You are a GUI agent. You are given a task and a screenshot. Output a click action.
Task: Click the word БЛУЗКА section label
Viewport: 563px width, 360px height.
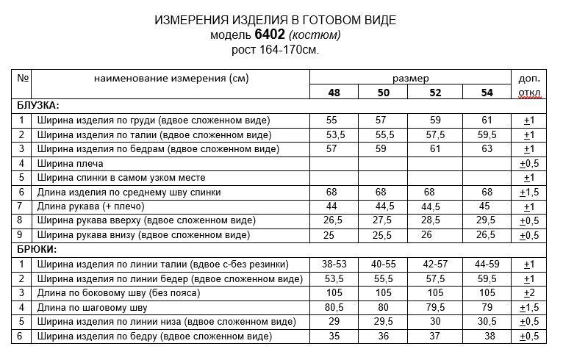click(x=38, y=106)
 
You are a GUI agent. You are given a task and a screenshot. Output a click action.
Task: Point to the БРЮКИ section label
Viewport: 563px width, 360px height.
click(x=37, y=250)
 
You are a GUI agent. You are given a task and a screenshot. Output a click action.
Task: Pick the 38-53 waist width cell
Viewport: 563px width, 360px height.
click(x=334, y=264)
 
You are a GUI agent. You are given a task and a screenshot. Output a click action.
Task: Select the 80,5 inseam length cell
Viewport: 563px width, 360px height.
click(x=334, y=307)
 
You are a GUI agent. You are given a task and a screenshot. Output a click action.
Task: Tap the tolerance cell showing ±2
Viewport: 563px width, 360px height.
click(x=528, y=293)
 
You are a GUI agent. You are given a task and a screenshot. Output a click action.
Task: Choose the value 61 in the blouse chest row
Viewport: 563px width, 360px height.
click(x=487, y=120)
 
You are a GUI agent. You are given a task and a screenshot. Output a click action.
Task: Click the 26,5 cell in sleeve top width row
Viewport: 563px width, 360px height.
click(x=334, y=220)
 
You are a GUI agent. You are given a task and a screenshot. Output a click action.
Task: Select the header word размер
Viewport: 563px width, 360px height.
click(x=410, y=78)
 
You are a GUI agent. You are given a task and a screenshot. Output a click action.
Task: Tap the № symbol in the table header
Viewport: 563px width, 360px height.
click(x=23, y=78)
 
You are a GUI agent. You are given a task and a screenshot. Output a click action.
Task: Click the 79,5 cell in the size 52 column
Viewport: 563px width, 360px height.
click(x=435, y=307)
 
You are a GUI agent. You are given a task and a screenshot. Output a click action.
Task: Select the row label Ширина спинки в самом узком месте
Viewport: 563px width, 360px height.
click(x=121, y=178)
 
